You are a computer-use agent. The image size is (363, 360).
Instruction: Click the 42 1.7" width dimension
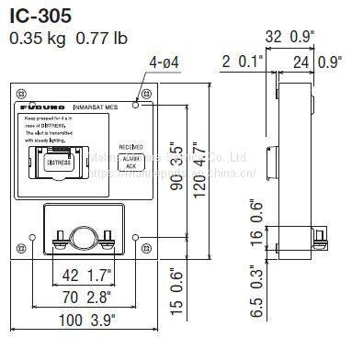[84, 274]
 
